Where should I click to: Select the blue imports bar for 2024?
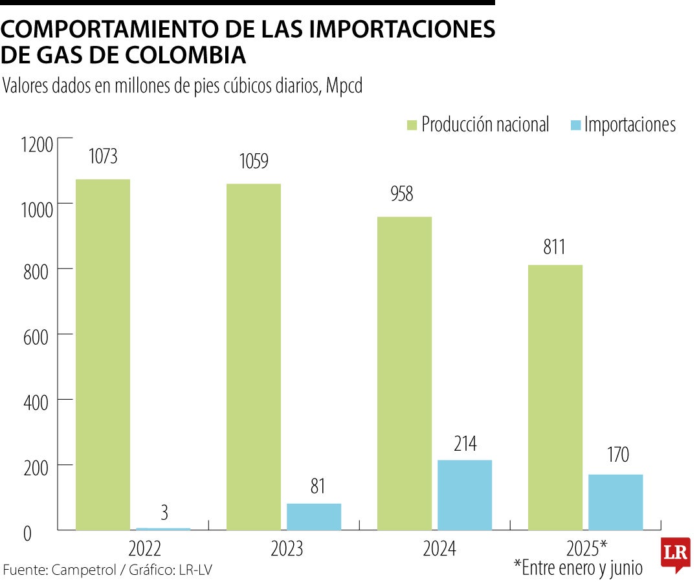pos(465,495)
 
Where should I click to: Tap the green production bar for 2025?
pos(555,397)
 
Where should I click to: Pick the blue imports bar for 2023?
pos(314,517)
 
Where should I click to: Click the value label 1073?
pos(103,156)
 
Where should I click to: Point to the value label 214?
pos(465,444)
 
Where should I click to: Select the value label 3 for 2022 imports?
pos(164,513)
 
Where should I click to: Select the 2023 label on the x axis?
pos(287,549)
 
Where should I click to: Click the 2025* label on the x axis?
pos(586,549)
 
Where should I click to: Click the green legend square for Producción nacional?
pos(411,124)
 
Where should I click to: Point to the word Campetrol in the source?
pos(80,570)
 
